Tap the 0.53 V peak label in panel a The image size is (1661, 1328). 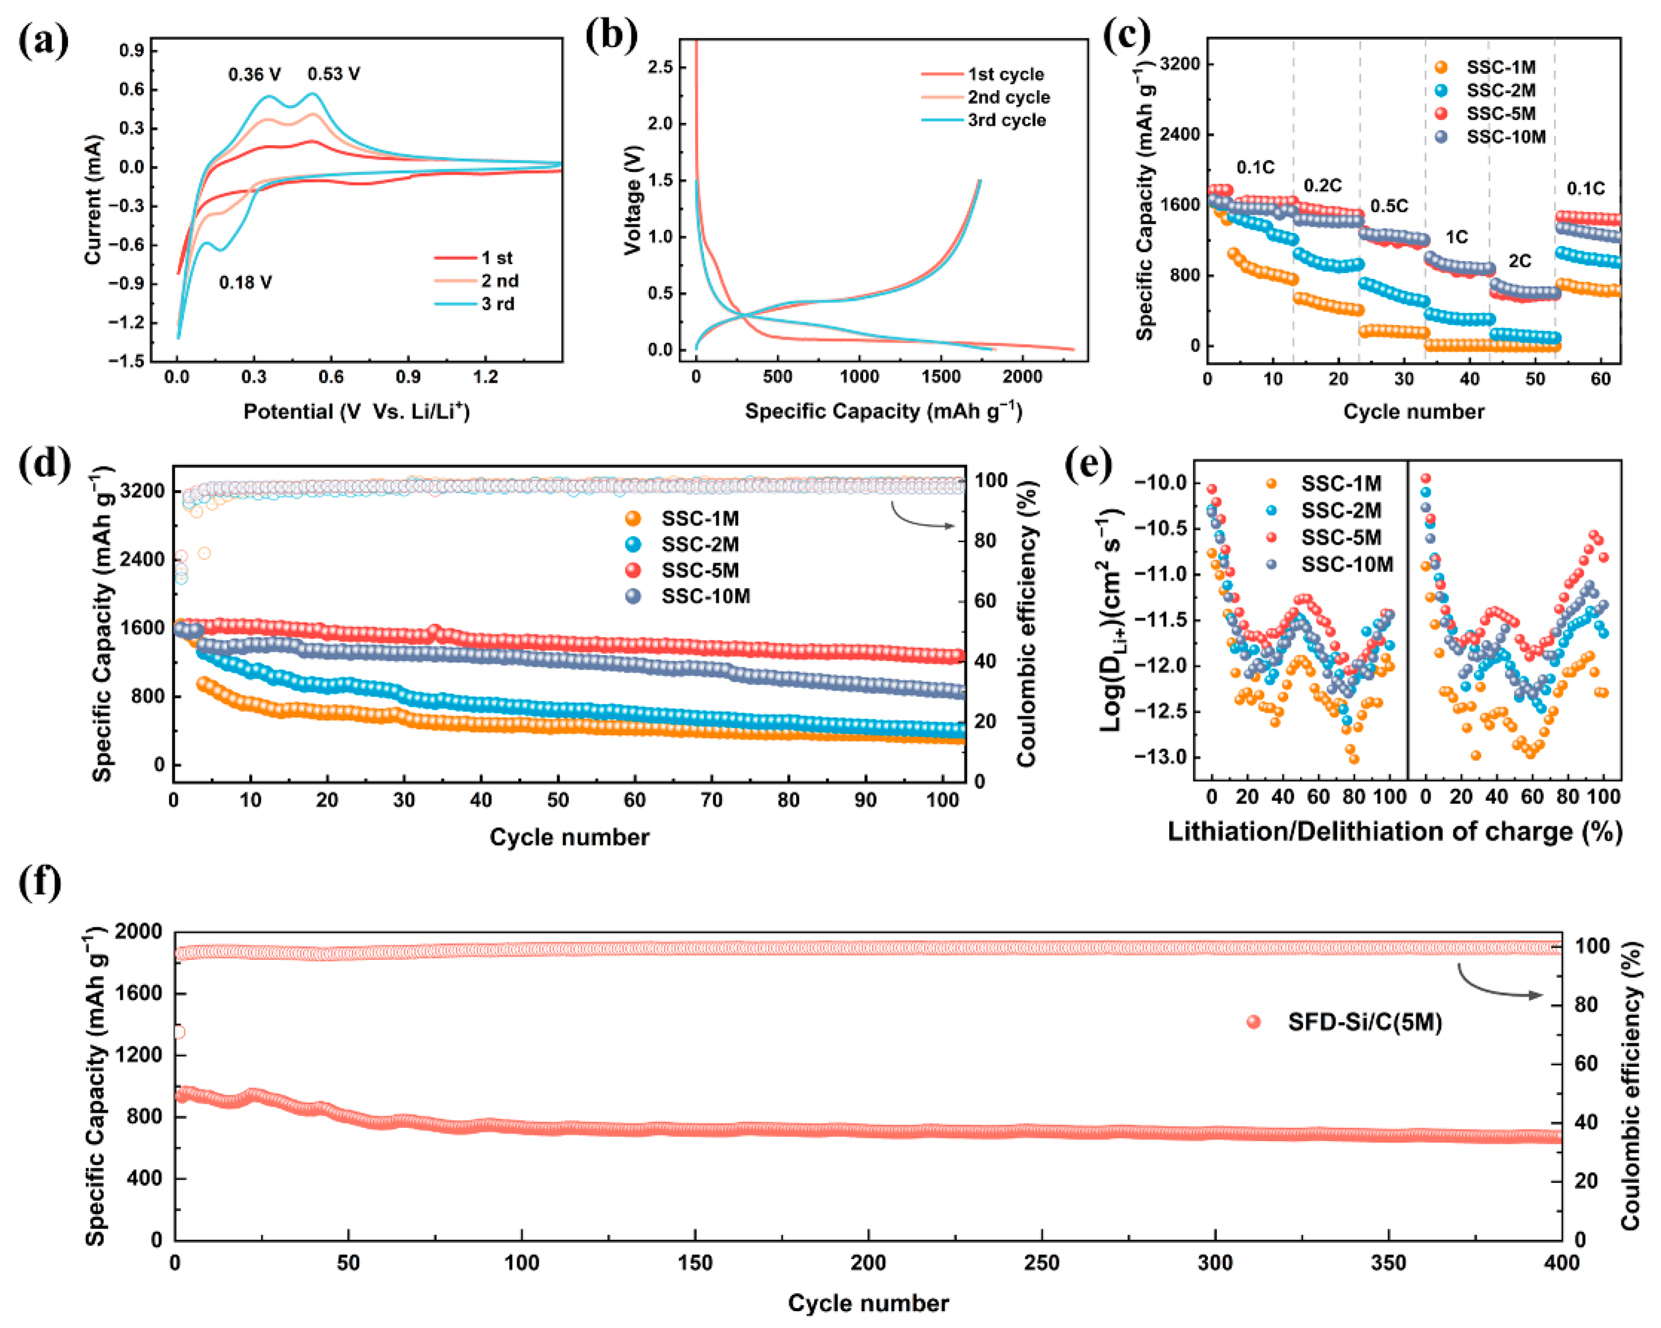pyautogui.click(x=333, y=74)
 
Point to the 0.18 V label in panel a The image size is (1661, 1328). pyautogui.click(x=245, y=283)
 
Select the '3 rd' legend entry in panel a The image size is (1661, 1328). pyautogui.click(x=498, y=304)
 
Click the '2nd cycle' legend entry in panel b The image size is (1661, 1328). pyautogui.click(x=1009, y=97)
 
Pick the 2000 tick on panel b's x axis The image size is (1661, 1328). pyautogui.click(x=1022, y=376)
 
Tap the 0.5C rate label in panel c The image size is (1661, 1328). pyautogui.click(x=1389, y=207)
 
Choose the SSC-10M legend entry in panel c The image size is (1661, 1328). pyautogui.click(x=1505, y=137)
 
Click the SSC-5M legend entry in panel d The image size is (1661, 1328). pyautogui.click(x=699, y=571)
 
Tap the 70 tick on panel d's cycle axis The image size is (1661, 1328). pyautogui.click(x=711, y=800)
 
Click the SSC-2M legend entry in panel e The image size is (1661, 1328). pyautogui.click(x=1340, y=511)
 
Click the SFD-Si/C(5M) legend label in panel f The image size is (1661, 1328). pyautogui.click(x=1364, y=1022)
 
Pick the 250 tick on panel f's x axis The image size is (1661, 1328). pyautogui.click(x=1042, y=1263)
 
